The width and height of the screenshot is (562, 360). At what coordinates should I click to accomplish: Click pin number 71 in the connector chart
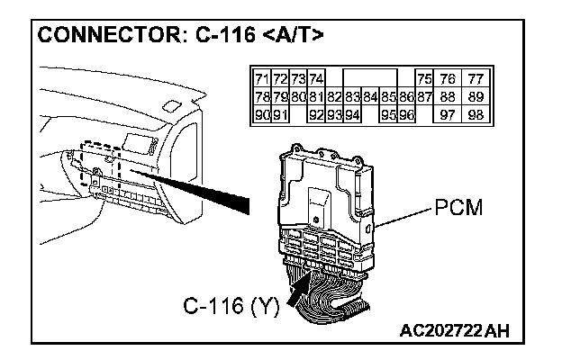click(x=262, y=79)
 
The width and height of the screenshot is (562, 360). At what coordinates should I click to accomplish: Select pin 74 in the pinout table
click(x=316, y=79)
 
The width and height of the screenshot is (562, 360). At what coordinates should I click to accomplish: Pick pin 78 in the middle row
click(x=262, y=96)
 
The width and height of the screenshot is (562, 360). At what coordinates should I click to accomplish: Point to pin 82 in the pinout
click(x=334, y=96)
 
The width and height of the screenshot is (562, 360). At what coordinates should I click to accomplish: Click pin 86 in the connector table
click(x=406, y=96)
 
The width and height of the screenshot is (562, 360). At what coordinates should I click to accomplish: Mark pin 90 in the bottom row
click(x=262, y=114)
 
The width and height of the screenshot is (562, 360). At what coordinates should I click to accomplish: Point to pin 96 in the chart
click(x=406, y=114)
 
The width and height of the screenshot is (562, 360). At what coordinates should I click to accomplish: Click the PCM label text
click(x=459, y=208)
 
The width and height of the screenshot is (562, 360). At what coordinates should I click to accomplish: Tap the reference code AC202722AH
click(x=454, y=331)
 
